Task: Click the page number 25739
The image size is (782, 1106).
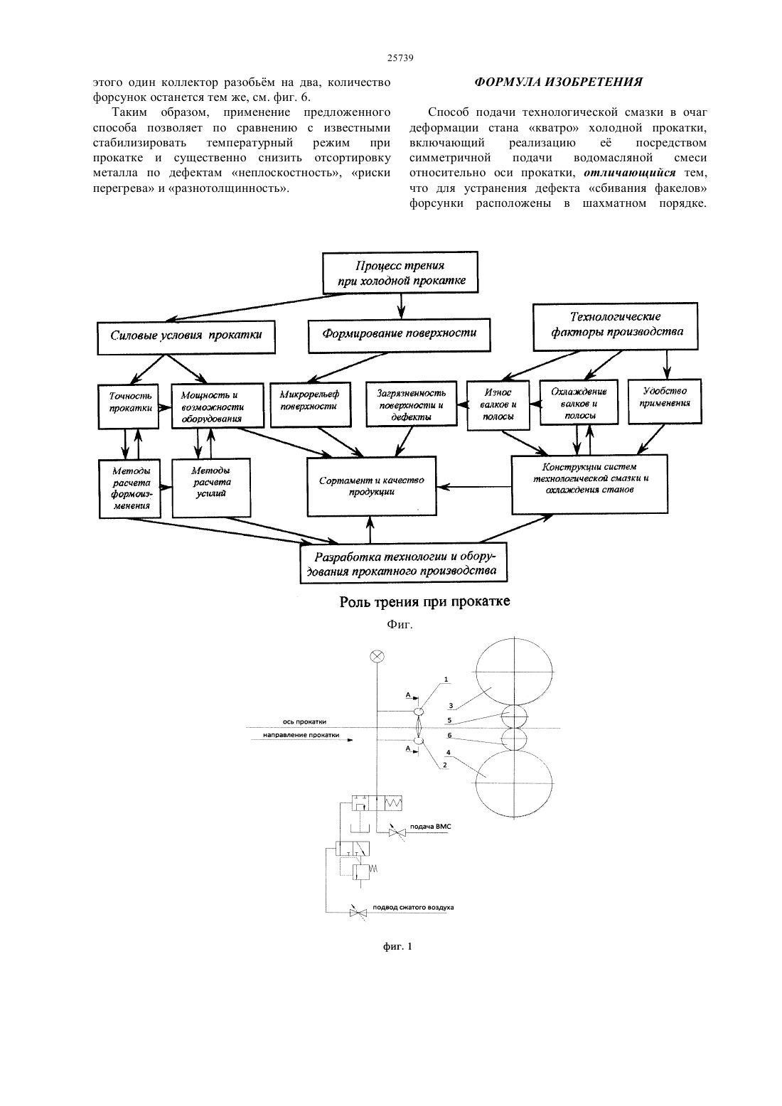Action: pyautogui.click(x=400, y=58)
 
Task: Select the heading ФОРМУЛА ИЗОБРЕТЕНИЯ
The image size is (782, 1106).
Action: pyautogui.click(x=558, y=82)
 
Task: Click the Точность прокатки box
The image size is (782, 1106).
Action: pyautogui.click(x=129, y=407)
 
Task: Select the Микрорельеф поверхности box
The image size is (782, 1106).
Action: pyautogui.click(x=311, y=404)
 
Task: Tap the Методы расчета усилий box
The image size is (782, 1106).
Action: pyautogui.click(x=211, y=488)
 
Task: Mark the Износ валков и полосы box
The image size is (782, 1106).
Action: pyautogui.click(x=498, y=405)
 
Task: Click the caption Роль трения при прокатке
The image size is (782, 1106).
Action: pyautogui.click(x=424, y=601)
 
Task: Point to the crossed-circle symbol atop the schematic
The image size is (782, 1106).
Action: pyautogui.click(x=377, y=656)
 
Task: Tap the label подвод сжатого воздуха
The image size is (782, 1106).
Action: pyautogui.click(x=413, y=908)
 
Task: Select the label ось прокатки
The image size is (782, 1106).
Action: pyautogui.click(x=304, y=721)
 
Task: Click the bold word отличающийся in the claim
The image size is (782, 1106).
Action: pyautogui.click(x=629, y=173)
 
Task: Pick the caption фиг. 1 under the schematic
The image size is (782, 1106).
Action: pyautogui.click(x=397, y=947)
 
